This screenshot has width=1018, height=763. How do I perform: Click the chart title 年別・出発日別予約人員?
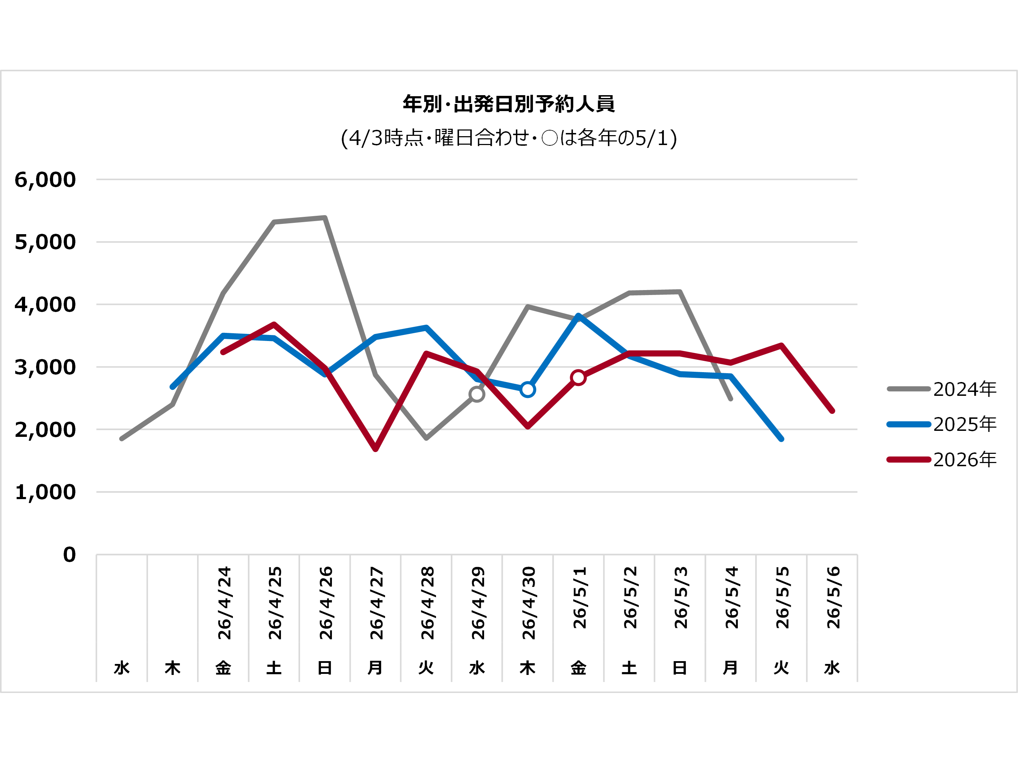click(x=508, y=104)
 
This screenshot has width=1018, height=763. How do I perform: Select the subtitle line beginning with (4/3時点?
click(x=508, y=138)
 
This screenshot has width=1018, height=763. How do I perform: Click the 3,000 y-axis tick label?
click(x=45, y=368)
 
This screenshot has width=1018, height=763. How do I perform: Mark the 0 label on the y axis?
click(x=69, y=555)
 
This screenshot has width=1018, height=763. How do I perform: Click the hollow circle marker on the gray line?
click(x=477, y=394)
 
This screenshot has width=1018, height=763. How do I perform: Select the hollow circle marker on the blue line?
click(x=528, y=390)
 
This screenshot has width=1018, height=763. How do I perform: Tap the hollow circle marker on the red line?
click(x=578, y=378)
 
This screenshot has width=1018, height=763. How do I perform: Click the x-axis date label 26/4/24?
click(x=224, y=603)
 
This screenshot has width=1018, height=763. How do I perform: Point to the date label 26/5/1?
click(x=579, y=598)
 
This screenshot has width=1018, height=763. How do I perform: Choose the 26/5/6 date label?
click(x=833, y=598)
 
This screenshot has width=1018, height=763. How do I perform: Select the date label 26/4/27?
click(x=376, y=603)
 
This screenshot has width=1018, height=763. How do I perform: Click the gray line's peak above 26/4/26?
click(x=325, y=218)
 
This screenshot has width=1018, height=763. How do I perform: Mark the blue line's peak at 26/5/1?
click(x=578, y=316)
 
